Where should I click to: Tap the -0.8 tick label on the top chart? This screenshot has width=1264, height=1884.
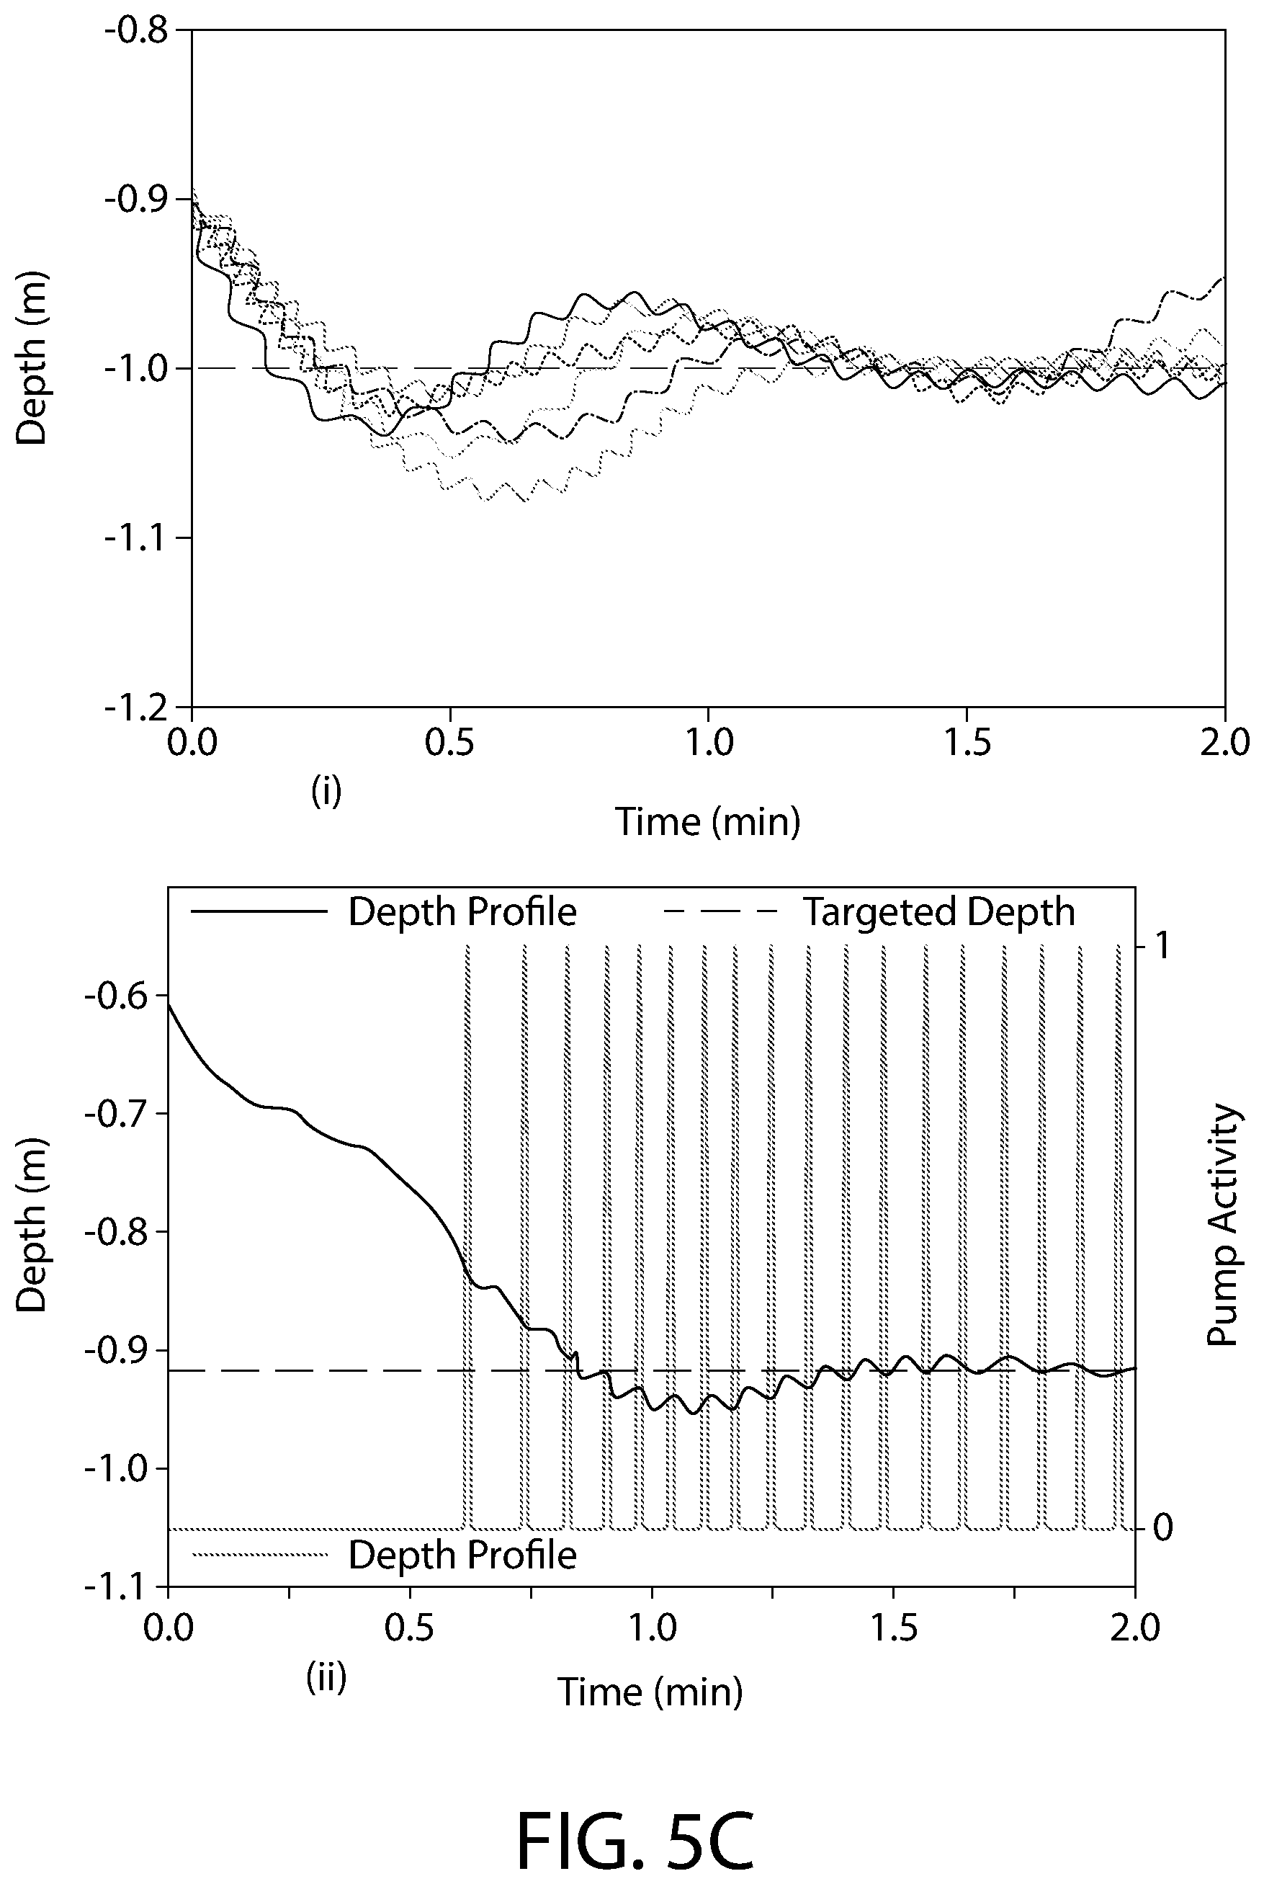(135, 32)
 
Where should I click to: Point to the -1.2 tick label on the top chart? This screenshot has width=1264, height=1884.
(135, 706)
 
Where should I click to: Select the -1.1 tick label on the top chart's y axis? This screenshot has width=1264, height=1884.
(135, 537)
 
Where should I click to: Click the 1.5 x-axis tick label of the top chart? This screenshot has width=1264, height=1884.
(967, 743)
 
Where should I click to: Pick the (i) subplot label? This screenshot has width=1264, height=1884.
(326, 792)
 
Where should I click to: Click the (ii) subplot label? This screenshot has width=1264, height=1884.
(326, 1677)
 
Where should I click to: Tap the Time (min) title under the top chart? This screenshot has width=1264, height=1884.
(708, 821)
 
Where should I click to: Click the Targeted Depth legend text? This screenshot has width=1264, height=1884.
(939, 912)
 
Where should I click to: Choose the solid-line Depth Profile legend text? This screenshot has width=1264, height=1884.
(462, 912)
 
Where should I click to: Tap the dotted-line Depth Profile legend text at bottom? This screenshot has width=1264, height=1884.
(462, 1555)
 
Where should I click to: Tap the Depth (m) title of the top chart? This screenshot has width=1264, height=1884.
(32, 359)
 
